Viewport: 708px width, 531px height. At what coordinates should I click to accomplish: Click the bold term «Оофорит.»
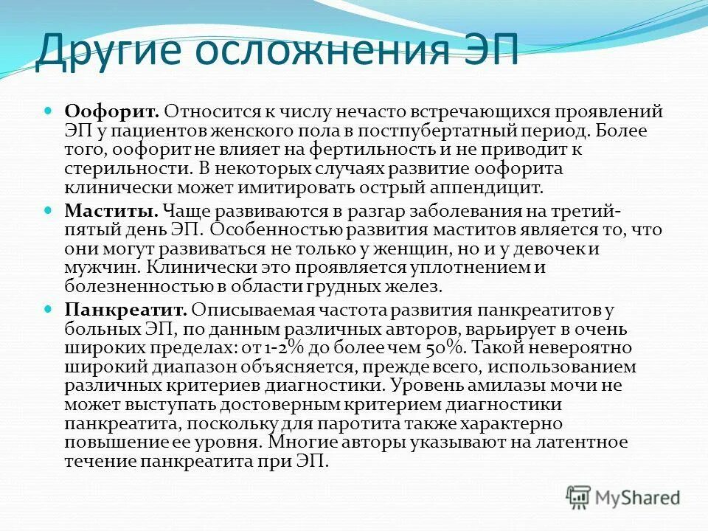tap(111, 113)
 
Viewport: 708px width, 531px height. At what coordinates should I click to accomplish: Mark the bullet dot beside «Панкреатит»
tap(49, 308)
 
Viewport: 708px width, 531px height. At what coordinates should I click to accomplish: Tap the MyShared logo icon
tap(580, 496)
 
